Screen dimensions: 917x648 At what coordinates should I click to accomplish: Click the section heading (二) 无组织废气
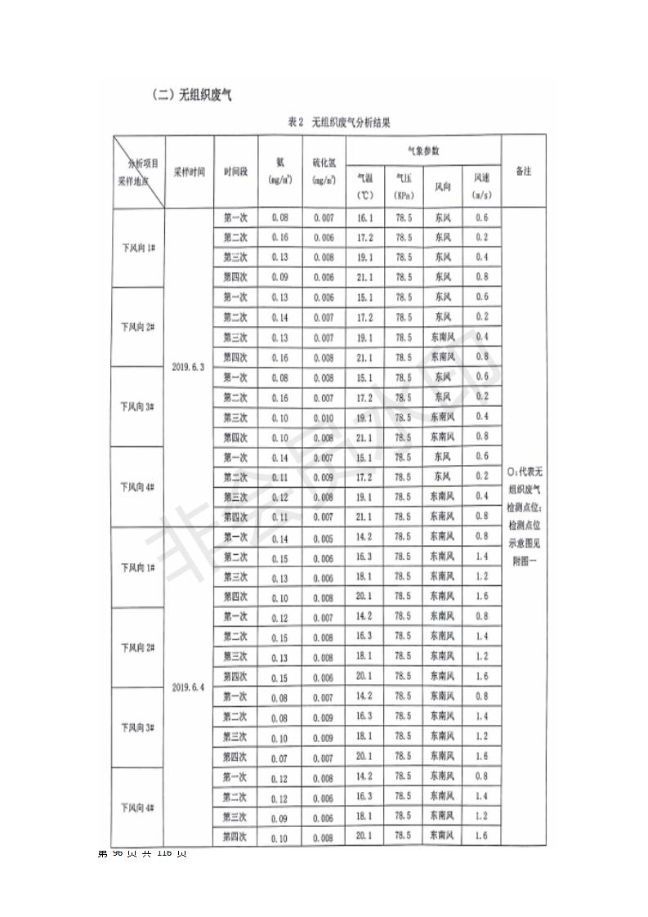(x=192, y=95)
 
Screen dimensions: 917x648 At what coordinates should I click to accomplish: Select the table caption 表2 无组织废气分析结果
(x=339, y=123)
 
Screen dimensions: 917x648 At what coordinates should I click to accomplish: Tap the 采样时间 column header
(x=190, y=172)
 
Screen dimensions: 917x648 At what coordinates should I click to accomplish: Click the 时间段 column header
(x=235, y=172)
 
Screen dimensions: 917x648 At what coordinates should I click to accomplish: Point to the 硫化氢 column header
(x=324, y=172)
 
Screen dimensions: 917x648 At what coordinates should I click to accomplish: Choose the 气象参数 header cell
(x=423, y=151)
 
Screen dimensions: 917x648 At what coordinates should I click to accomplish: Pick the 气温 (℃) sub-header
(x=364, y=187)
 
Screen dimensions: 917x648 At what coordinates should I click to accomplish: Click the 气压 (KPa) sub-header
(x=404, y=187)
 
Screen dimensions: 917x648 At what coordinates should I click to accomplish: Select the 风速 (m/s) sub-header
(x=481, y=187)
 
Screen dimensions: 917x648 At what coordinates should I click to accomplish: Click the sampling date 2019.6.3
(x=190, y=367)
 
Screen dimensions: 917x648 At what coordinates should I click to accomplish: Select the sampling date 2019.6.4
(x=190, y=687)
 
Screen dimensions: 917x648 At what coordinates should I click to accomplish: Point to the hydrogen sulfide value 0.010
(x=324, y=418)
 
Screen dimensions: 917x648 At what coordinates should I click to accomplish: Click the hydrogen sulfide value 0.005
(x=324, y=538)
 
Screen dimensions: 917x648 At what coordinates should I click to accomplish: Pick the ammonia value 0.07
(x=280, y=758)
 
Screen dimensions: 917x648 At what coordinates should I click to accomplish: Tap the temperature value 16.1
(x=364, y=218)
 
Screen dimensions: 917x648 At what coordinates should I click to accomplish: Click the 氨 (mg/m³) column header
(x=280, y=172)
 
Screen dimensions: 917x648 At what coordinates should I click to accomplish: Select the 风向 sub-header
(x=443, y=188)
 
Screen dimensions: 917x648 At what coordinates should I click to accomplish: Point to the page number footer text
(x=143, y=853)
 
